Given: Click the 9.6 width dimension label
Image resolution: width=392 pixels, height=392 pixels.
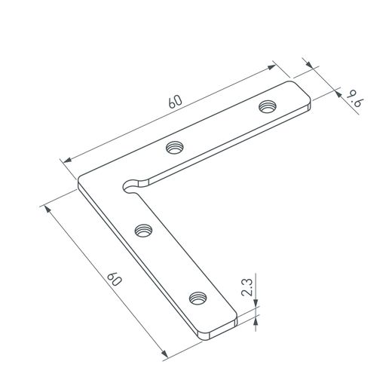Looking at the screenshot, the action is (x=355, y=99).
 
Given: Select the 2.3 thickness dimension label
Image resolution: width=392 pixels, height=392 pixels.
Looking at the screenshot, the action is (x=247, y=287).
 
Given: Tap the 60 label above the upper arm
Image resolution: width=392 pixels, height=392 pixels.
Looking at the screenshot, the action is (x=175, y=101).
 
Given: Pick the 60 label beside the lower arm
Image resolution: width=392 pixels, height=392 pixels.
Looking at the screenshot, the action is (x=115, y=279).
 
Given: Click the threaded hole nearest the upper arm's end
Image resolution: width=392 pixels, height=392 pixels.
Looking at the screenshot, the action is (x=268, y=106).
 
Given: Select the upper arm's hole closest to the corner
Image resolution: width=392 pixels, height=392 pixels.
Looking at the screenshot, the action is (x=175, y=147).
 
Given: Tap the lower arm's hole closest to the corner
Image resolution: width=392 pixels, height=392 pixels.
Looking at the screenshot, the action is (x=144, y=231).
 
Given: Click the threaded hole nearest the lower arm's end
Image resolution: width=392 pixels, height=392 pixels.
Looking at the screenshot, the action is (x=198, y=299).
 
